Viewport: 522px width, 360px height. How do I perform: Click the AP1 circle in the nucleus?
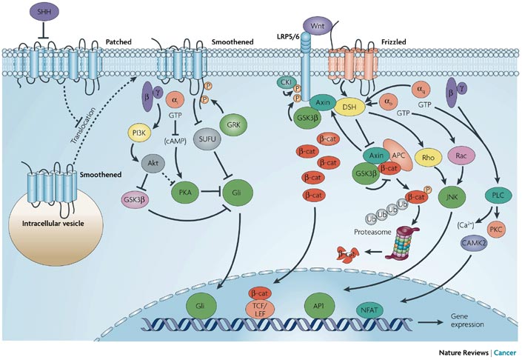317,303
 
